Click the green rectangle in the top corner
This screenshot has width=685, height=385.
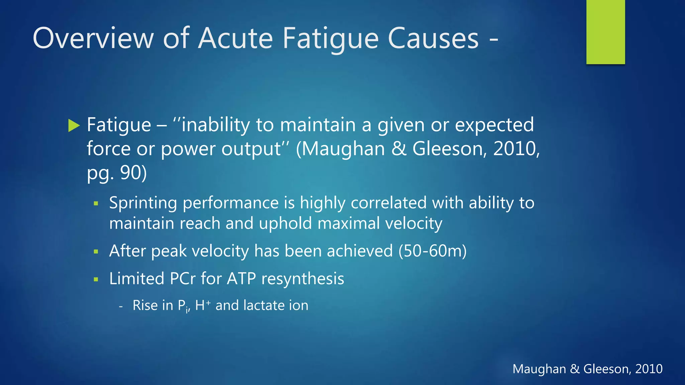click(605, 32)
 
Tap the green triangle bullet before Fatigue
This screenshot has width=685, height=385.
click(74, 125)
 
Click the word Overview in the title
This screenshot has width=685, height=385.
click(93, 38)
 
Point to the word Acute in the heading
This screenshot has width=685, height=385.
click(236, 38)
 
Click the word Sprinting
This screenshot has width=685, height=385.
click(143, 203)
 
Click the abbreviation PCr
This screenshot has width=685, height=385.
click(183, 278)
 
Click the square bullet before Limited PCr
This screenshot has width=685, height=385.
click(96, 279)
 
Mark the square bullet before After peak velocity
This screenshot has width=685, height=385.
click(96, 252)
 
